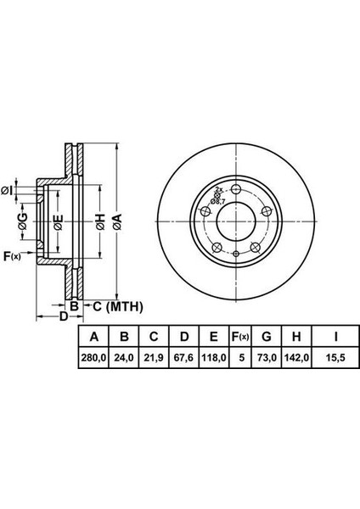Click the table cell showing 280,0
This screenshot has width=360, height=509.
(x=93, y=358)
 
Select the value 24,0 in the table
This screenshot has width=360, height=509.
(x=124, y=358)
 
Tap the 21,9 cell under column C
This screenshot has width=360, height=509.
(x=154, y=358)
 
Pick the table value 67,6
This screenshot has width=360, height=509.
(x=184, y=358)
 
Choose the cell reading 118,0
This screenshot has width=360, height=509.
(x=213, y=358)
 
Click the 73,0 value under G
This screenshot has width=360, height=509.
(x=267, y=358)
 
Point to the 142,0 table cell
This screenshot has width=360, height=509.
(x=297, y=358)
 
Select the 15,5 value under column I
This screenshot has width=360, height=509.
(x=336, y=358)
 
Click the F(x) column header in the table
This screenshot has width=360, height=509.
(x=240, y=337)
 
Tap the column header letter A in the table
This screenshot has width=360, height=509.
(x=93, y=337)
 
